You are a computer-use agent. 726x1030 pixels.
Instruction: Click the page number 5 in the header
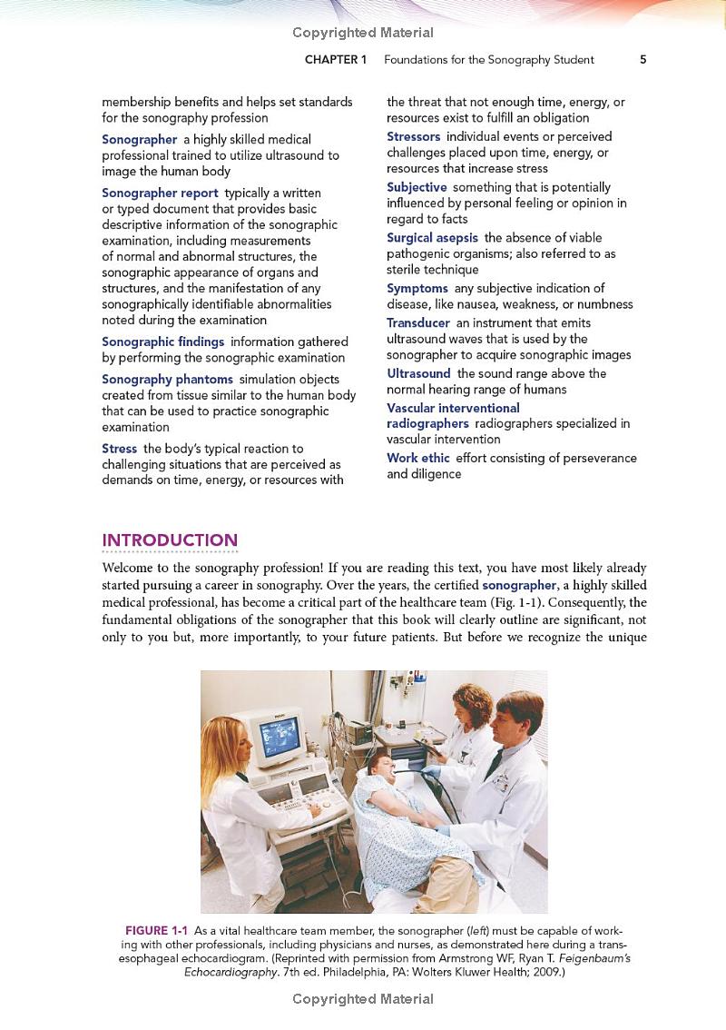point(643,60)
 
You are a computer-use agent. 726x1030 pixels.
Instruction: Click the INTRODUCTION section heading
point(170,540)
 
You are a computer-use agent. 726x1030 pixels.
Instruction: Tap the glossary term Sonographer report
point(160,193)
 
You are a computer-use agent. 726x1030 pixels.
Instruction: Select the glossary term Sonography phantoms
point(167,379)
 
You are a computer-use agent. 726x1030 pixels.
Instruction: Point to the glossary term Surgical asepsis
point(432,237)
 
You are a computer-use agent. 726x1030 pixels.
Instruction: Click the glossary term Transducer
point(417,322)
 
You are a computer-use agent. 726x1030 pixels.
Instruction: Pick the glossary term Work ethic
point(417,458)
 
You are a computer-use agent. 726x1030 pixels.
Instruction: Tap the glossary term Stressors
point(414,136)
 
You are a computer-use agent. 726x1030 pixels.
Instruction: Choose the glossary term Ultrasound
point(418,373)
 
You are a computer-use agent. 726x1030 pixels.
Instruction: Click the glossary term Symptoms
point(417,288)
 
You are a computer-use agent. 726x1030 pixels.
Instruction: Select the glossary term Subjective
point(417,187)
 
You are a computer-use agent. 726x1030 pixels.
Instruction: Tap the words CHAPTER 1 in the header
point(336,60)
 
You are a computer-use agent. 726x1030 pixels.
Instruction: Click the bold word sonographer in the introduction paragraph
point(518,585)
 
